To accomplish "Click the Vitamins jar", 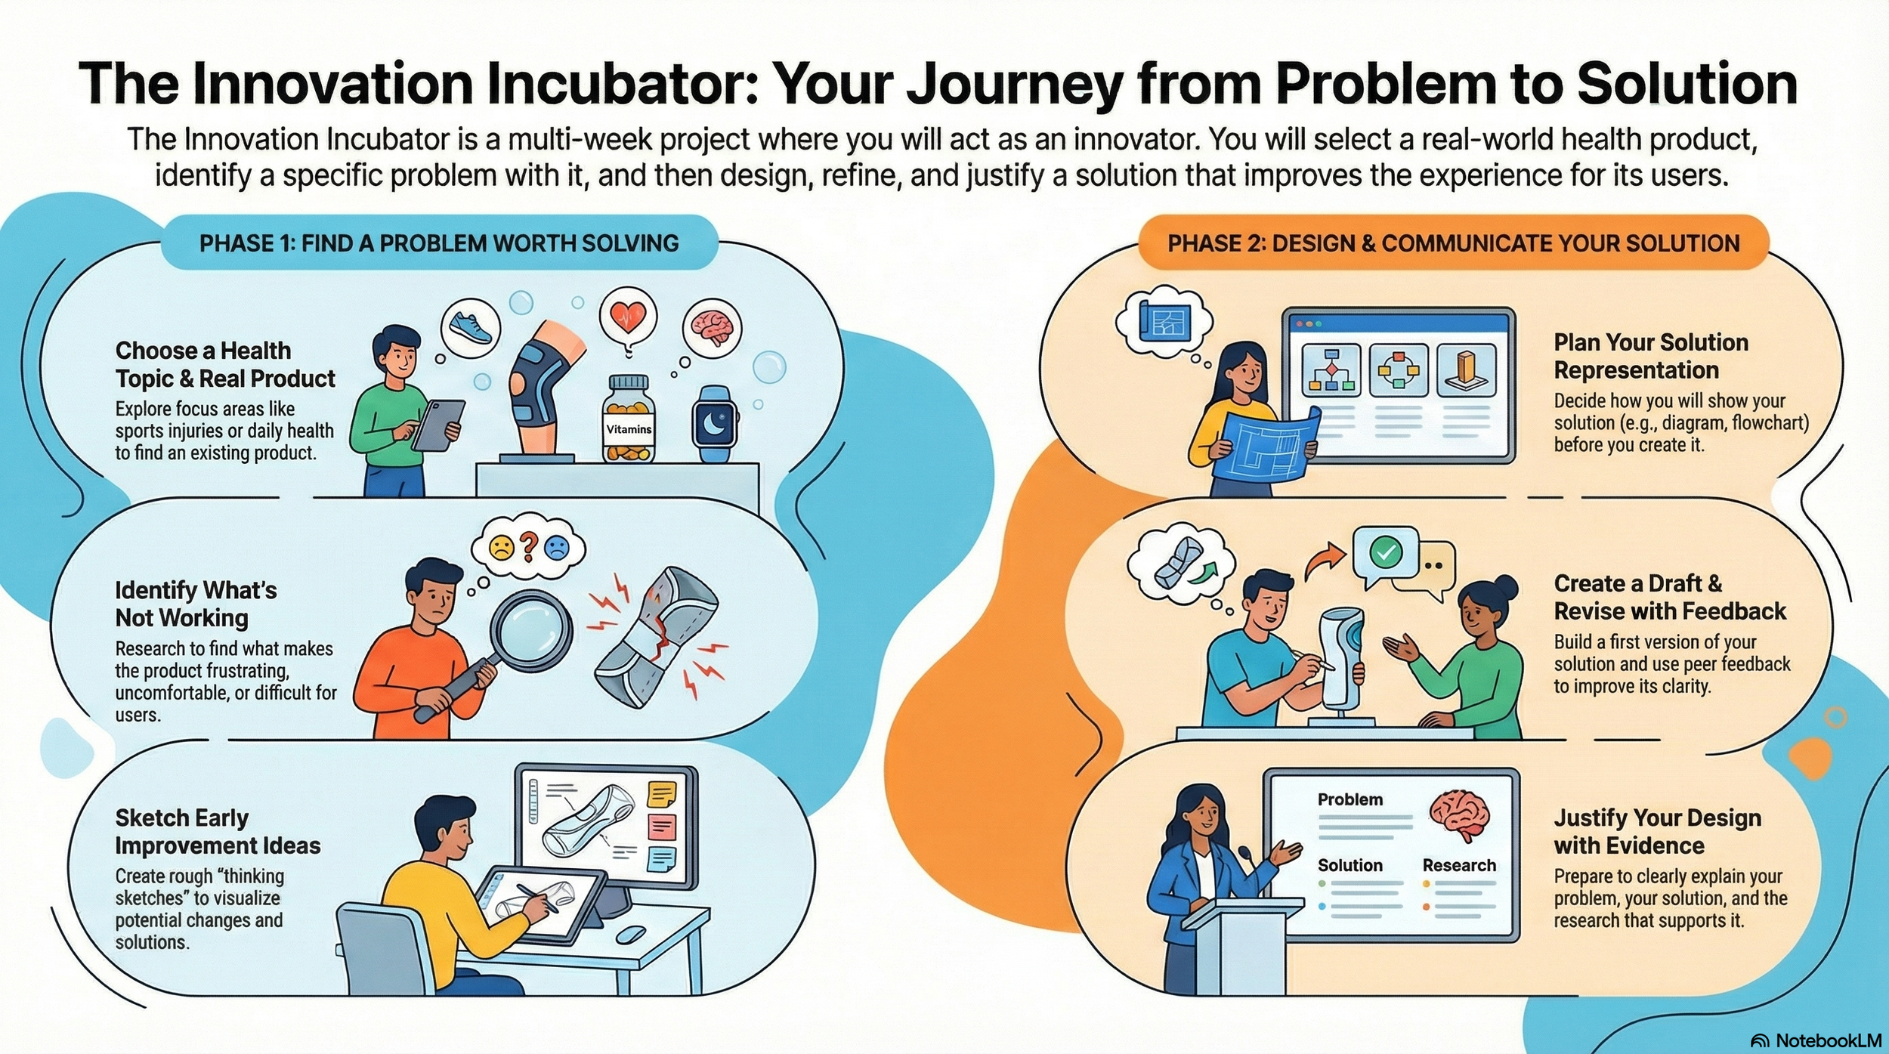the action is point(628,420).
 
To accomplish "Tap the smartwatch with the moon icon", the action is point(714,424).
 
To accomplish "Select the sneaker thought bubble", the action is point(470,326).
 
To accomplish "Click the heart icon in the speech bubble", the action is point(628,317).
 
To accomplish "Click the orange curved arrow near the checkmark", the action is point(1325,563).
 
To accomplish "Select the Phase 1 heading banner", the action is point(439,243).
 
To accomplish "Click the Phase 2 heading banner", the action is point(1453,243).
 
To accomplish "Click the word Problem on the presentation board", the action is point(1350,799).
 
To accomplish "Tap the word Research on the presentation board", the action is point(1459,865).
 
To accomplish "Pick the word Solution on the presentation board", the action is point(1350,865).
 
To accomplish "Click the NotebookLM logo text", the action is point(1829,1040).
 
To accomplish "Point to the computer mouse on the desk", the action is point(631,935).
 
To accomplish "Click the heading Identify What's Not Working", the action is point(196,604).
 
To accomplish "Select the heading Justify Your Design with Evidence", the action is point(1657,831).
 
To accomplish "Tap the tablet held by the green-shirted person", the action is point(438,424).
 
